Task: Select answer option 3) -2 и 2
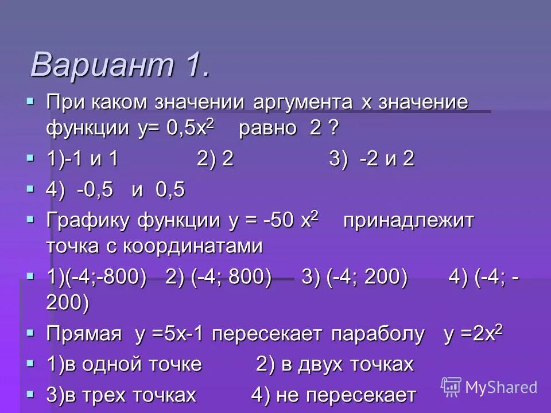(x=371, y=159)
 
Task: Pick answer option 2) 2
(x=215, y=159)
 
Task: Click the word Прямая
(x=84, y=334)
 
